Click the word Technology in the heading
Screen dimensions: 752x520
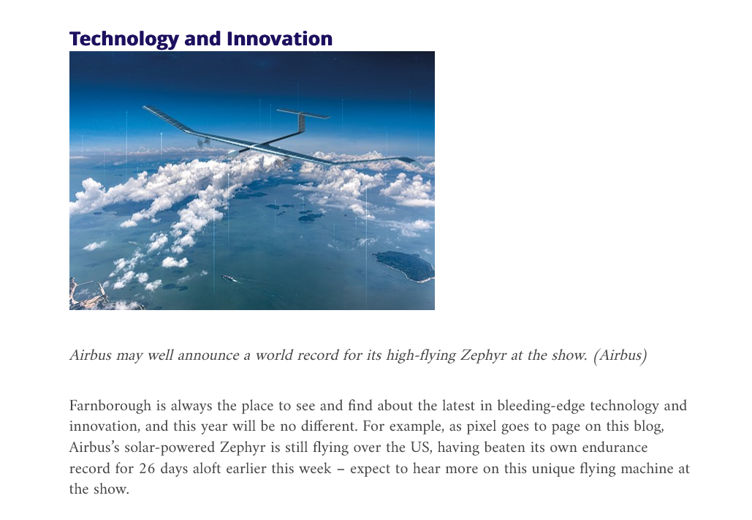(x=124, y=39)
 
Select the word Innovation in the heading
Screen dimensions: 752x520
(x=280, y=39)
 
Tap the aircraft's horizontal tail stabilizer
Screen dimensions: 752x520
(x=303, y=114)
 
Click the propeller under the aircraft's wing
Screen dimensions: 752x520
(x=203, y=142)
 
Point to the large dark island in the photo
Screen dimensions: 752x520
(x=406, y=265)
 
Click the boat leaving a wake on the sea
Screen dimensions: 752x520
(x=227, y=277)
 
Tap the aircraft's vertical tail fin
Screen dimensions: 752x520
(x=301, y=122)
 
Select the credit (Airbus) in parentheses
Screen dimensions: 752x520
(x=620, y=355)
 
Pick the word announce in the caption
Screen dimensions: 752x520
(x=208, y=355)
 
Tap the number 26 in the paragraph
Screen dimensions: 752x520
(x=147, y=468)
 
